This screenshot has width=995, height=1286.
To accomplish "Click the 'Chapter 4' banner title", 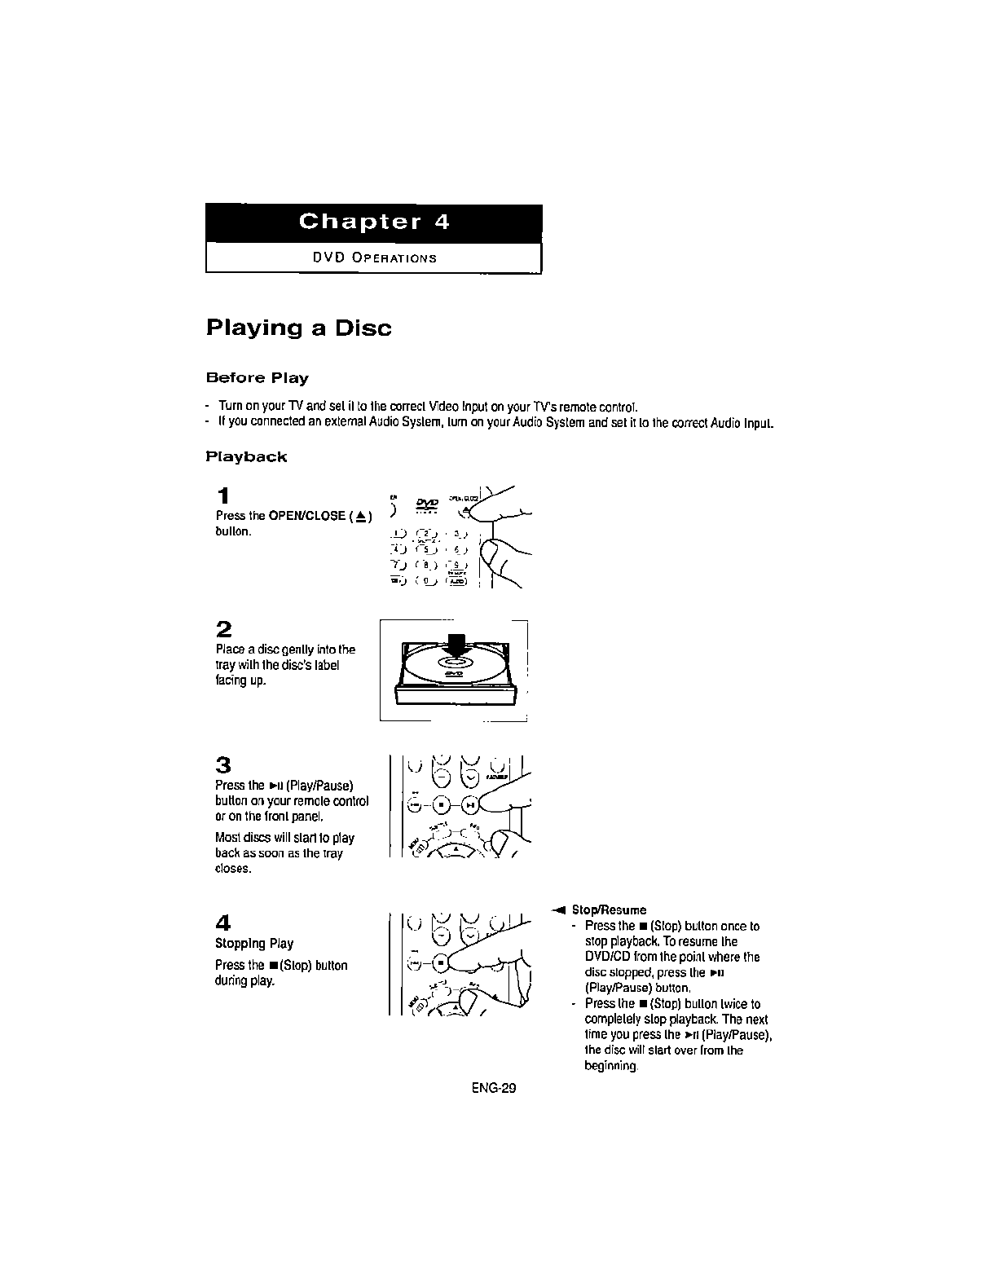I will pyautogui.click(x=374, y=222).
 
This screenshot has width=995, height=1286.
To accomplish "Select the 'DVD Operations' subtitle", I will pyautogui.click(x=374, y=258).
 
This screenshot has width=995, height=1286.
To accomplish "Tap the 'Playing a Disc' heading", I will pyautogui.click(x=298, y=328).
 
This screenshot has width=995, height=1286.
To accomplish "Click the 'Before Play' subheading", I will pyautogui.click(x=257, y=378).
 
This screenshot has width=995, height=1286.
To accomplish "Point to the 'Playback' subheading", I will pyautogui.click(x=246, y=457).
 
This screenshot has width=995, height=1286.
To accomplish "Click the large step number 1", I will pyautogui.click(x=223, y=496).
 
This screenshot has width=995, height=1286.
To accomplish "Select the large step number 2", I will pyautogui.click(x=224, y=629).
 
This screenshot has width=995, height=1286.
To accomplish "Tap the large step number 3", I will pyautogui.click(x=223, y=765).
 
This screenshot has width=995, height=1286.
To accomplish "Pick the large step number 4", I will pyautogui.click(x=223, y=923).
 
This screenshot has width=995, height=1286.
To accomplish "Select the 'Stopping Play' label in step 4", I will pyautogui.click(x=254, y=944).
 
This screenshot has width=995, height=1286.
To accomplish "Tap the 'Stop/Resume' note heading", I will pyautogui.click(x=609, y=910).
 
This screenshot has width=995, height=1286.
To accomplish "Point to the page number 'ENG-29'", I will pyautogui.click(x=494, y=1088).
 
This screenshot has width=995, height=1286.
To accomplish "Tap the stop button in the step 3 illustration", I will pyautogui.click(x=441, y=804).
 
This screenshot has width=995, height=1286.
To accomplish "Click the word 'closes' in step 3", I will pyautogui.click(x=232, y=869).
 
